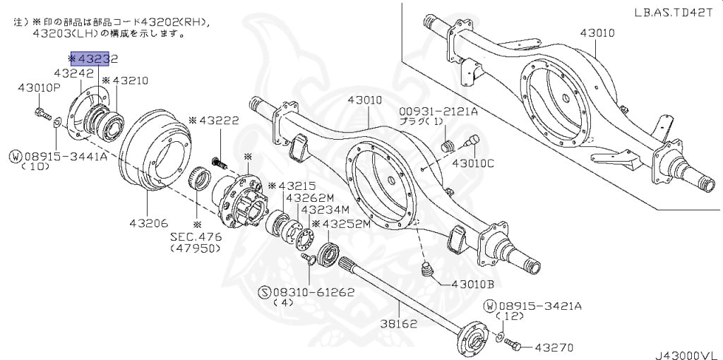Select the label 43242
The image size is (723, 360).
74,73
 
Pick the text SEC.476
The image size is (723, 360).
196,236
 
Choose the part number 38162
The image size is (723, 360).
399,325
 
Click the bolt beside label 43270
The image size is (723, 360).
514,345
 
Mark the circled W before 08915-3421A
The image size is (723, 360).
490,306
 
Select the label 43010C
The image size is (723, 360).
473,164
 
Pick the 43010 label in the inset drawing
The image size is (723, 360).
597,32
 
